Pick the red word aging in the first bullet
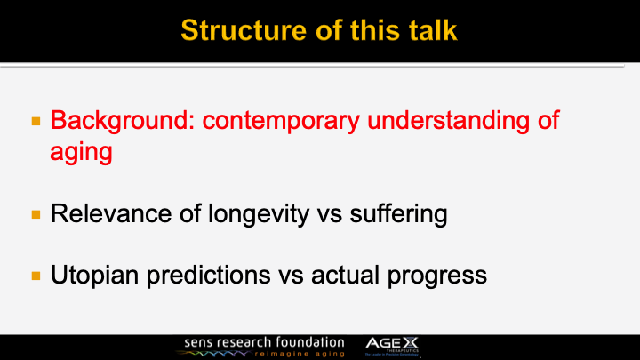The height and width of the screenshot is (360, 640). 81,151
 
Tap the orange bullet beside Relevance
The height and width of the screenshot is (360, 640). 36,214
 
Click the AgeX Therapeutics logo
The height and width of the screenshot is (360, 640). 398,346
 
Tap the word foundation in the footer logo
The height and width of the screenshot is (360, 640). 308,341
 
